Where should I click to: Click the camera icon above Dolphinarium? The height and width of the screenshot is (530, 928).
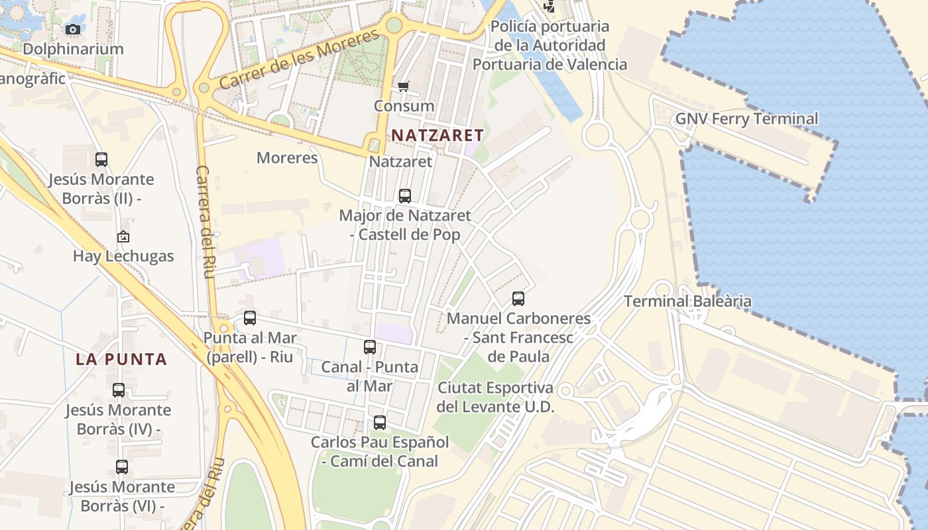pyautogui.click(x=73, y=29)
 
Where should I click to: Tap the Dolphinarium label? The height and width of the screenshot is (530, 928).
pyautogui.click(x=73, y=49)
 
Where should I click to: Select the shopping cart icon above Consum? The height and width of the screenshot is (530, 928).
pyautogui.click(x=403, y=86)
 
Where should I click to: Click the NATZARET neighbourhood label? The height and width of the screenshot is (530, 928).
pyautogui.click(x=437, y=135)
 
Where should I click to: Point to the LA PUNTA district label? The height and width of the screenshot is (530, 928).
pyautogui.click(x=121, y=360)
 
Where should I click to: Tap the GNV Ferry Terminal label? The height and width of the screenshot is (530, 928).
pyautogui.click(x=746, y=119)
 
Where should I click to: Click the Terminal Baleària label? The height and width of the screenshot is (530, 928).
pyautogui.click(x=687, y=301)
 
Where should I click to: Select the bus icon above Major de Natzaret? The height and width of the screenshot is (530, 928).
pyautogui.click(x=404, y=196)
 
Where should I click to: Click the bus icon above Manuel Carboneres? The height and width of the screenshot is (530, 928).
pyautogui.click(x=518, y=299)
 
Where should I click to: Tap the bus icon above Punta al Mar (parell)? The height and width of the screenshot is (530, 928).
pyautogui.click(x=249, y=318)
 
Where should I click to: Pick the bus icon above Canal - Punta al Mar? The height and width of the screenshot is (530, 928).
pyautogui.click(x=370, y=346)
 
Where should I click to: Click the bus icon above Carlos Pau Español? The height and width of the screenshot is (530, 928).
pyautogui.click(x=379, y=422)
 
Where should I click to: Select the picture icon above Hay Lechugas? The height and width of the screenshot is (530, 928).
pyautogui.click(x=123, y=237)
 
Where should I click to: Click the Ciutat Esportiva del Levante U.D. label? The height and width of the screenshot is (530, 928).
pyautogui.click(x=496, y=397)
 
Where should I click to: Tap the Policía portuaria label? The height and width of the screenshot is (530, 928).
pyautogui.click(x=550, y=45)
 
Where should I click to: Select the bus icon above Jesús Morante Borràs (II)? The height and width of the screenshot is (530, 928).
pyautogui.click(x=101, y=159)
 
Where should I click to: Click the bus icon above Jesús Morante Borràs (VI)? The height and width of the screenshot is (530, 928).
pyautogui.click(x=122, y=467)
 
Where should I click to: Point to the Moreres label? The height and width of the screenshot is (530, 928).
pyautogui.click(x=287, y=158)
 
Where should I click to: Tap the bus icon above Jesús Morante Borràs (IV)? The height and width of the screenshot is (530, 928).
pyautogui.click(x=119, y=390)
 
